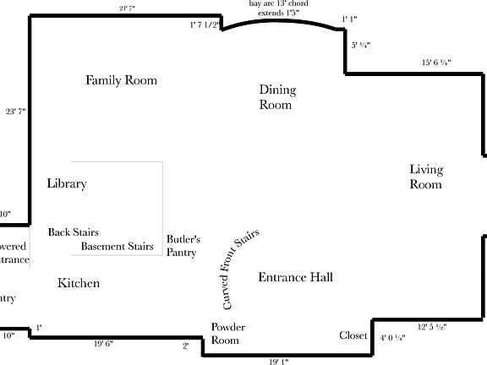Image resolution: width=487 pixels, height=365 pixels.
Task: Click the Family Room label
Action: pos(122,80)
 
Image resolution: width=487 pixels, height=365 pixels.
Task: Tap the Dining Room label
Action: pos(276,97)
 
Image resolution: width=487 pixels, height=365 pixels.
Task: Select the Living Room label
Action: pos(426,177)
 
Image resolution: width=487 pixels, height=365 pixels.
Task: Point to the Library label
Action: pos(67,183)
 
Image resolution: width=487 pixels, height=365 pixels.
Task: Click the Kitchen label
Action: pos(79,283)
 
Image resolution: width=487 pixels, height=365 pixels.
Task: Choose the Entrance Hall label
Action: pos(295,277)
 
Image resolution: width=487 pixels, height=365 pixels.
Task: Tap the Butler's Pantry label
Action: pos(183,246)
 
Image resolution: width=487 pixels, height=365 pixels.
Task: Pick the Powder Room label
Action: pos(225,334)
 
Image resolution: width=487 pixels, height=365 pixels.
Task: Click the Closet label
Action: pos(353,335)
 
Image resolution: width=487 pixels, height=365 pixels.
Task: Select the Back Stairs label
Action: pos(74,232)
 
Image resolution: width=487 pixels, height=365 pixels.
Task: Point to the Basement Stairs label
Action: pos(118,247)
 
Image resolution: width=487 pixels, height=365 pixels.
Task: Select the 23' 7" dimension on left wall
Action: pos(16,111)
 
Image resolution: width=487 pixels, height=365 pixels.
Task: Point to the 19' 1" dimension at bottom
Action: pos(279,361)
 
